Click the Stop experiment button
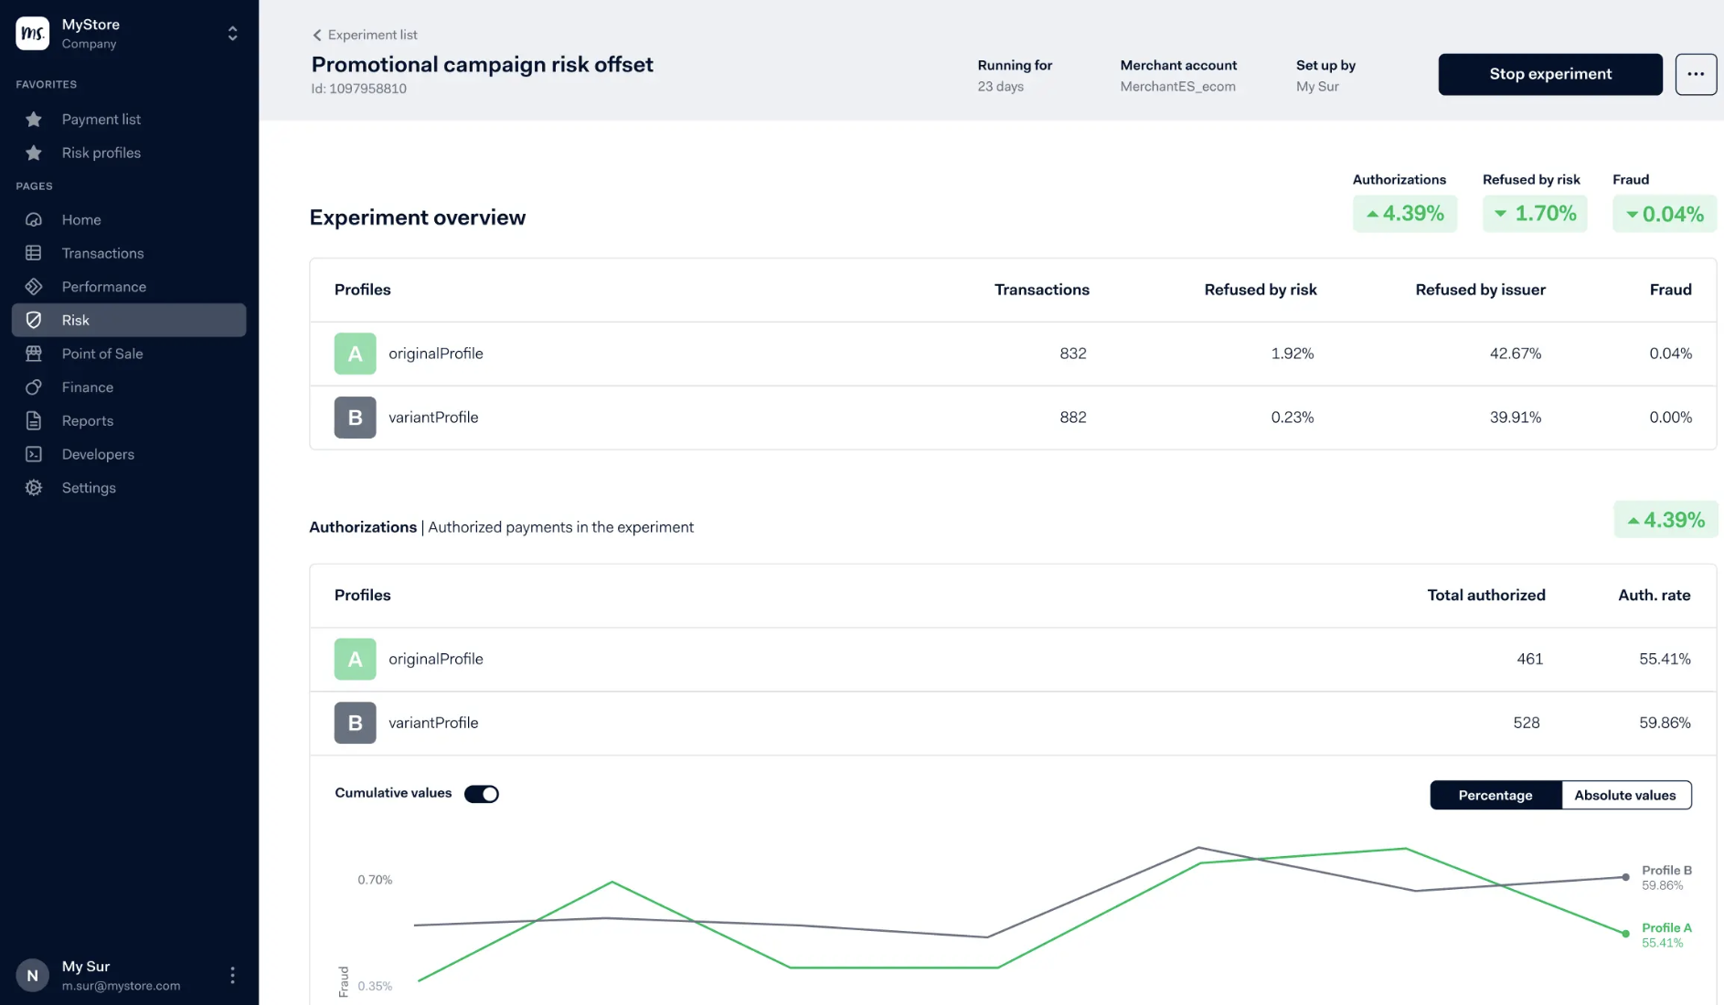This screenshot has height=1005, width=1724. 1549,74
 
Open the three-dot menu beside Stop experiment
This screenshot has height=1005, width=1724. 1695,74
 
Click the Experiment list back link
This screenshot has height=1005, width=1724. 365,35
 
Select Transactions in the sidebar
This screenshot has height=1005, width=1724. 102,253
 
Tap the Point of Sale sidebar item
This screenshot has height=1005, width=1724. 101,354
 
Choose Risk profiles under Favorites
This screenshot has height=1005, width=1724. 101,153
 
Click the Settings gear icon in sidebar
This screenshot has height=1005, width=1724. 34,488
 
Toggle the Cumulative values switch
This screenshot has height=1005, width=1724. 482,794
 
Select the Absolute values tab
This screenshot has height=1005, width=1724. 1624,795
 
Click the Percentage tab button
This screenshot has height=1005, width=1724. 1495,795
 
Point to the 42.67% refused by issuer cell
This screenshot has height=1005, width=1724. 1515,354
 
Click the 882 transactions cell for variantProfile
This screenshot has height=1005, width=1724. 1072,418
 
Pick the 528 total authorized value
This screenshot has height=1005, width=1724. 1526,723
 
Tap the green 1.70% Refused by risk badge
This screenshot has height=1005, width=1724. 1535,214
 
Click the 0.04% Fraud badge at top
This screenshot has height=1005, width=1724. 1664,214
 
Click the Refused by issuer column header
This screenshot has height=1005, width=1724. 1480,290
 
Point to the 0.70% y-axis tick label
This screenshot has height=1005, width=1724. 375,880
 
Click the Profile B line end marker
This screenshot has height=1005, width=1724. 1625,877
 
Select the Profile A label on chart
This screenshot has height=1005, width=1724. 1665,927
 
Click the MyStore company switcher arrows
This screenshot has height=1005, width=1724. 232,34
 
